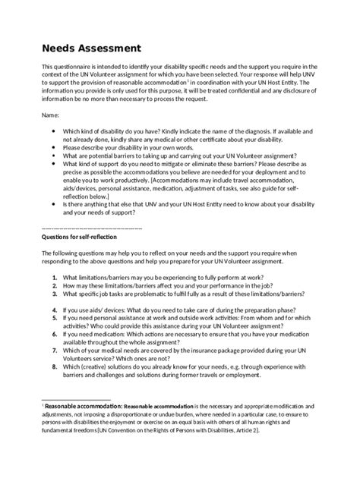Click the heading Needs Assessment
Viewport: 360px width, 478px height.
click(x=91, y=48)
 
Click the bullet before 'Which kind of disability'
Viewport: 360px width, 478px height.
click(x=52, y=130)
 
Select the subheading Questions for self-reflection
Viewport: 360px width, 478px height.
click(x=81, y=235)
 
